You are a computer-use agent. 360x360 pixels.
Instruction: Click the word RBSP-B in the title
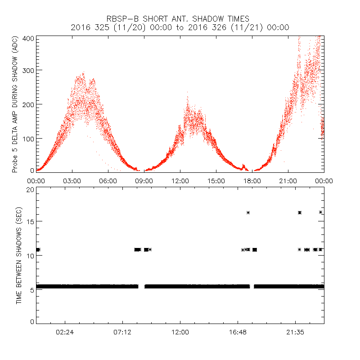point(121,19)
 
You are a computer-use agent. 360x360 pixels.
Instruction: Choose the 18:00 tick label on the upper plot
point(252,180)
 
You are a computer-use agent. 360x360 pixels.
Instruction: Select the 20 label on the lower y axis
point(31,189)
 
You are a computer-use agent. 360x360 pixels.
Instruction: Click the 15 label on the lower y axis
point(31,221)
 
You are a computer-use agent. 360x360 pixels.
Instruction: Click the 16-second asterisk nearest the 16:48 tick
point(248,212)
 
